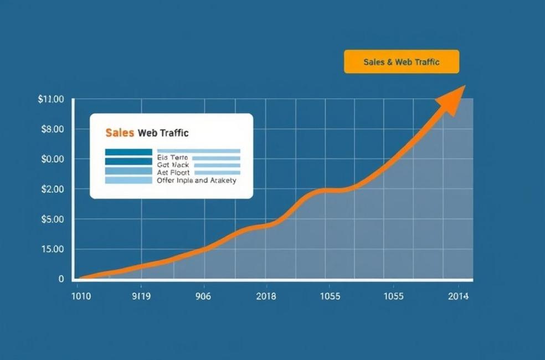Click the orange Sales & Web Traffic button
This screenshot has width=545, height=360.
point(402,61)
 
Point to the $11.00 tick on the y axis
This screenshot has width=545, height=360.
point(51,100)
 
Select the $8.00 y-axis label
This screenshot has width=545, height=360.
point(53,130)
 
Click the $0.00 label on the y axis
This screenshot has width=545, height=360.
point(53,160)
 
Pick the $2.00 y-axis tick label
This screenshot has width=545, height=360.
point(53,189)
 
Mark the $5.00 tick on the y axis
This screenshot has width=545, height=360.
point(53,219)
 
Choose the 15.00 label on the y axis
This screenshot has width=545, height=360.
point(53,249)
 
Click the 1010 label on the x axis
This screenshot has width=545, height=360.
point(81,296)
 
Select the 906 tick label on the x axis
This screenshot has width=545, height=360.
point(203,296)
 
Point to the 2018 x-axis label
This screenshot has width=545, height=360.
point(266,296)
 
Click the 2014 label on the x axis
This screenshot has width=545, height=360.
point(458,296)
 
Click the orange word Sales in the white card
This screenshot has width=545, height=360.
point(120,133)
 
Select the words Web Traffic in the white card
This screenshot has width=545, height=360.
point(163,133)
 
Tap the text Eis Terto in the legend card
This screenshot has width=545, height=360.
point(172,157)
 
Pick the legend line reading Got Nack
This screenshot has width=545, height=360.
point(173,165)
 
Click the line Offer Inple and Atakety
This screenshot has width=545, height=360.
point(197,180)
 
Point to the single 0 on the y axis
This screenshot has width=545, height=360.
point(61,279)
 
